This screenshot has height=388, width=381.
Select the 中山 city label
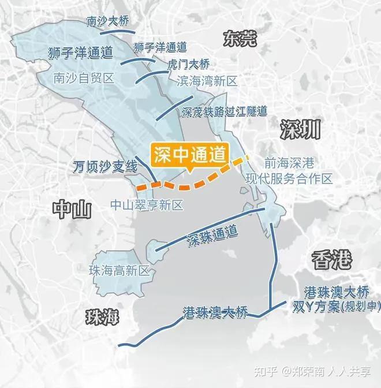pos(72,209)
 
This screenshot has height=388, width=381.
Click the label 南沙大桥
pos(108,22)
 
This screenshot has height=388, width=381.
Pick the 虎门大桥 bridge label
pos(188,64)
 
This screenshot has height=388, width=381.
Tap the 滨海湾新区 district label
pos(207,81)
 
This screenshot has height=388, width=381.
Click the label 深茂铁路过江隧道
pos(224,110)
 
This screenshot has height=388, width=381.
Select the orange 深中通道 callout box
pos(190,154)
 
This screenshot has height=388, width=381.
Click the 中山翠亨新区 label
pos(147,205)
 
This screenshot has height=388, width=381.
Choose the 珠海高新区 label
pos(119,270)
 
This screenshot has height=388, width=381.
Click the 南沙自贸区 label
pos(83,77)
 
